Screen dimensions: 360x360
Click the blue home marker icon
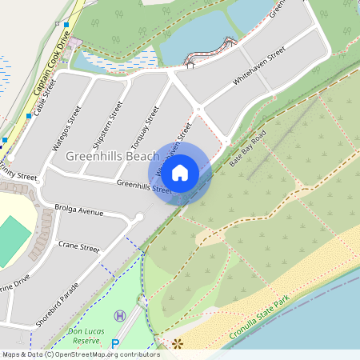click(180, 172)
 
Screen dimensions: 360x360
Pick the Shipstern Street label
click(108, 125)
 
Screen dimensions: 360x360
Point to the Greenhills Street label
click(144, 187)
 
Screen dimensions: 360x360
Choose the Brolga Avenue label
click(79, 212)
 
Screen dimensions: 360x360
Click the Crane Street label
click(78, 248)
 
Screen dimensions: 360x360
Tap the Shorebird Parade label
click(57, 305)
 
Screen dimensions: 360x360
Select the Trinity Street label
click(18, 175)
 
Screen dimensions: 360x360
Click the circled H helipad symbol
click(120, 316)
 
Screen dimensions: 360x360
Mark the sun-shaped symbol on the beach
click(177, 344)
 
